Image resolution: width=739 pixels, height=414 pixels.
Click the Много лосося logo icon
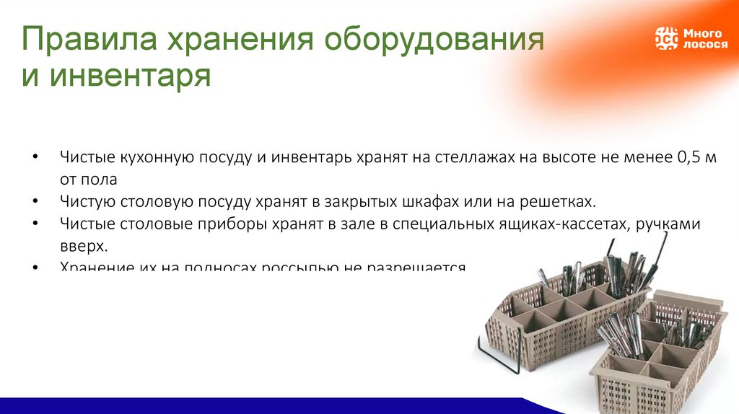click(x=666, y=38)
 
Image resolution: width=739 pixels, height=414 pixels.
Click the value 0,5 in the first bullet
click(x=690, y=157)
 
